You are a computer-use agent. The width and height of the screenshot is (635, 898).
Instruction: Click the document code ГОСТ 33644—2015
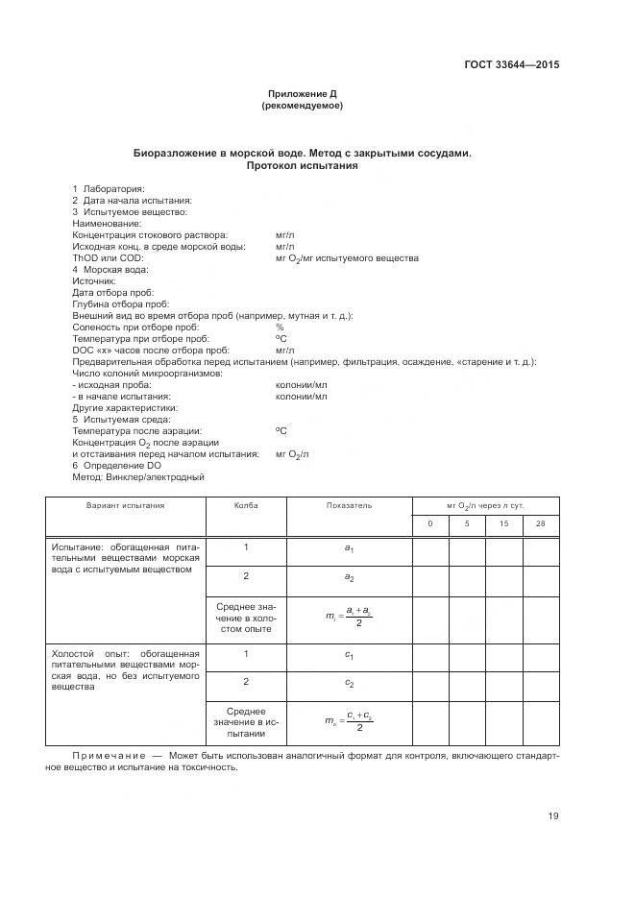[x=511, y=65]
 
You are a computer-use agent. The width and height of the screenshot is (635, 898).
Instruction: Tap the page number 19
[x=553, y=816]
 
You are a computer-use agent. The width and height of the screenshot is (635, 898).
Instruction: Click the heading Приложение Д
[x=302, y=94]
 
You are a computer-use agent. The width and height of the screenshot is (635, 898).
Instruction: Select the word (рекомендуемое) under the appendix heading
[x=302, y=106]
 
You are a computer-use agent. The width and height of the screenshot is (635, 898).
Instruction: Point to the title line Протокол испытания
[x=302, y=165]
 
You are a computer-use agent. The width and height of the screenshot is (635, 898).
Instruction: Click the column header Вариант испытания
[x=125, y=505]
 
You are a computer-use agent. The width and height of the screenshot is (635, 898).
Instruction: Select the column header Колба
[x=246, y=505]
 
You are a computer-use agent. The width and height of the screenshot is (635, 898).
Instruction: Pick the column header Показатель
[x=349, y=505]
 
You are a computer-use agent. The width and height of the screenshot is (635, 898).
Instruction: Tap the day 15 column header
[x=503, y=524]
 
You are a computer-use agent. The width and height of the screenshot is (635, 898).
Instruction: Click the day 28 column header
[x=540, y=524]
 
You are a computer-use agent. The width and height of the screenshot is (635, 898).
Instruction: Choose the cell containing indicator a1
[x=349, y=548]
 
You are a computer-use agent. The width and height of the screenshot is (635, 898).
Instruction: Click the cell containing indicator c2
[x=349, y=683]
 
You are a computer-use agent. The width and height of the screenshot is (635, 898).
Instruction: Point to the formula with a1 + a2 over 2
[x=349, y=617]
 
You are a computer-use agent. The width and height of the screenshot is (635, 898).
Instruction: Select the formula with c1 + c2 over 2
[x=349, y=721]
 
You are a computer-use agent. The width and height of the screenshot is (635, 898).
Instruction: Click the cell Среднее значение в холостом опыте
[x=246, y=617]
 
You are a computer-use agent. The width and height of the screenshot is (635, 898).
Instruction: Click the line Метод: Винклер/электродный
[x=138, y=476]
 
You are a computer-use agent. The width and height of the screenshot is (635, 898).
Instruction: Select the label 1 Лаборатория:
[x=109, y=188]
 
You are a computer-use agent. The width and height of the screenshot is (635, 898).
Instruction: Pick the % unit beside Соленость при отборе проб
[x=280, y=328]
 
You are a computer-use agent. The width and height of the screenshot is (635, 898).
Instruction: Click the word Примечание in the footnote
[x=108, y=757]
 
